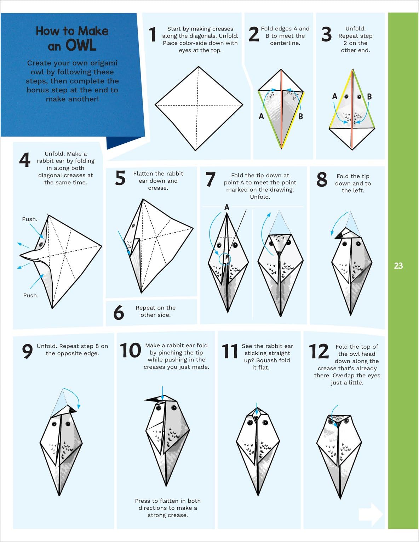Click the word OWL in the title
[x=81, y=45]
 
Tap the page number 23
[x=398, y=266]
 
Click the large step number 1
[x=152, y=34]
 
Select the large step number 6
[x=119, y=313]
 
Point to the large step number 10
[x=130, y=350]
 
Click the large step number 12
[x=319, y=351]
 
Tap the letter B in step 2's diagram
[x=300, y=116]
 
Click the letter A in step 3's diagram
[x=335, y=96]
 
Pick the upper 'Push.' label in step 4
[x=30, y=219]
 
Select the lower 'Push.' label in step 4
[x=31, y=295]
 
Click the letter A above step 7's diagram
[x=226, y=207]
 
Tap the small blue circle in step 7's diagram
[x=225, y=259]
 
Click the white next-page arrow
[x=371, y=514]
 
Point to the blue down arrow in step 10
[x=162, y=394]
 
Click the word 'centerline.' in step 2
[x=285, y=43]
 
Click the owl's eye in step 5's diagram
[x=133, y=226]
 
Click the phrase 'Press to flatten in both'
[x=168, y=501]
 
